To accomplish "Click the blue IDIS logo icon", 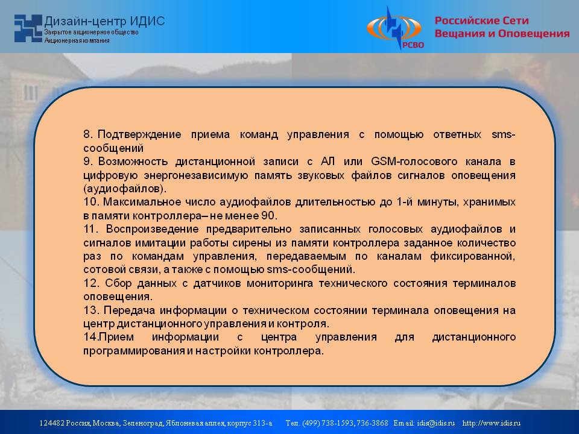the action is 28,28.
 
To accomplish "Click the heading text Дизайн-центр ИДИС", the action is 104,21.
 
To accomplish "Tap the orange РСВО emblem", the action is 394,28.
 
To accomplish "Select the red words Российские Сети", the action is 481,20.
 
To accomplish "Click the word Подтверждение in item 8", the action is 139,134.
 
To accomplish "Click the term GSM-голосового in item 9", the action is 414,162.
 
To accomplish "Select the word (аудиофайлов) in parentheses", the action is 125,189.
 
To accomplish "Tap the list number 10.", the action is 91,202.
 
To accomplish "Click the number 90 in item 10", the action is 269,216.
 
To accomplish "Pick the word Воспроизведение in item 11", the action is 153,229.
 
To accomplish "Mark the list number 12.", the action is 91,283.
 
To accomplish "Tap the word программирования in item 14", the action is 134,351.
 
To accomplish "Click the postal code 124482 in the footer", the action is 52,423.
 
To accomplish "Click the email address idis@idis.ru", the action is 436,423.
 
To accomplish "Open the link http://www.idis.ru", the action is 492,423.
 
